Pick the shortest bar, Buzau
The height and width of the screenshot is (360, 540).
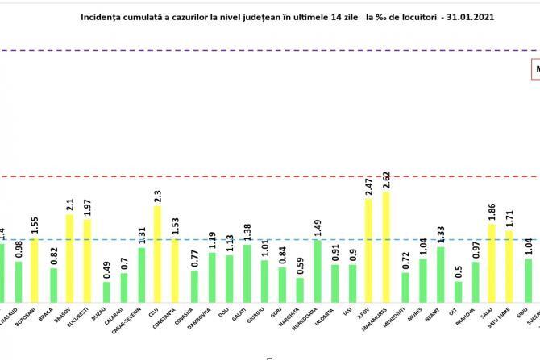point(106,291)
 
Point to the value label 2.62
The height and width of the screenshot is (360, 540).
point(388,180)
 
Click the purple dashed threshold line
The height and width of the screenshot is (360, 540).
point(242,51)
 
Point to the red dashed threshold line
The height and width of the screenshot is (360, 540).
point(242,176)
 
